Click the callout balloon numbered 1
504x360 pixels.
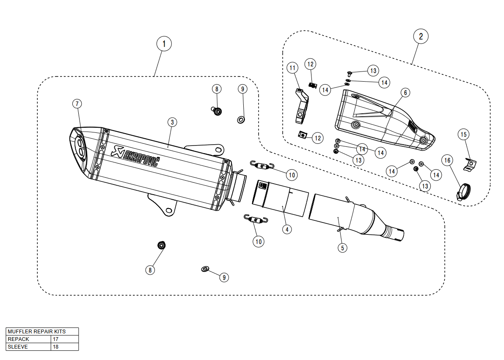(164, 43)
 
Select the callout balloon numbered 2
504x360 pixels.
(421, 36)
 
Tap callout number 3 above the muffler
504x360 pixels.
(172, 122)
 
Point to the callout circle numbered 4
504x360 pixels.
(287, 229)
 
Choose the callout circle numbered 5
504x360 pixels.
(343, 248)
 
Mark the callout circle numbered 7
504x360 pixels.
(77, 104)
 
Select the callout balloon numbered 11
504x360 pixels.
(292, 68)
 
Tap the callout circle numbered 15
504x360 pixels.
(463, 135)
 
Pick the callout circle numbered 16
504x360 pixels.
(448, 160)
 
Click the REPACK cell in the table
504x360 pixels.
(29, 339)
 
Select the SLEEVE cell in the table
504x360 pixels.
(29, 347)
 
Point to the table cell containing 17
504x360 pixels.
(64, 339)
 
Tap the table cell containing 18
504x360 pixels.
(64, 347)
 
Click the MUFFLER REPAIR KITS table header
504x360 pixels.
(42, 332)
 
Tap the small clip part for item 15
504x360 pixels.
(471, 165)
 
